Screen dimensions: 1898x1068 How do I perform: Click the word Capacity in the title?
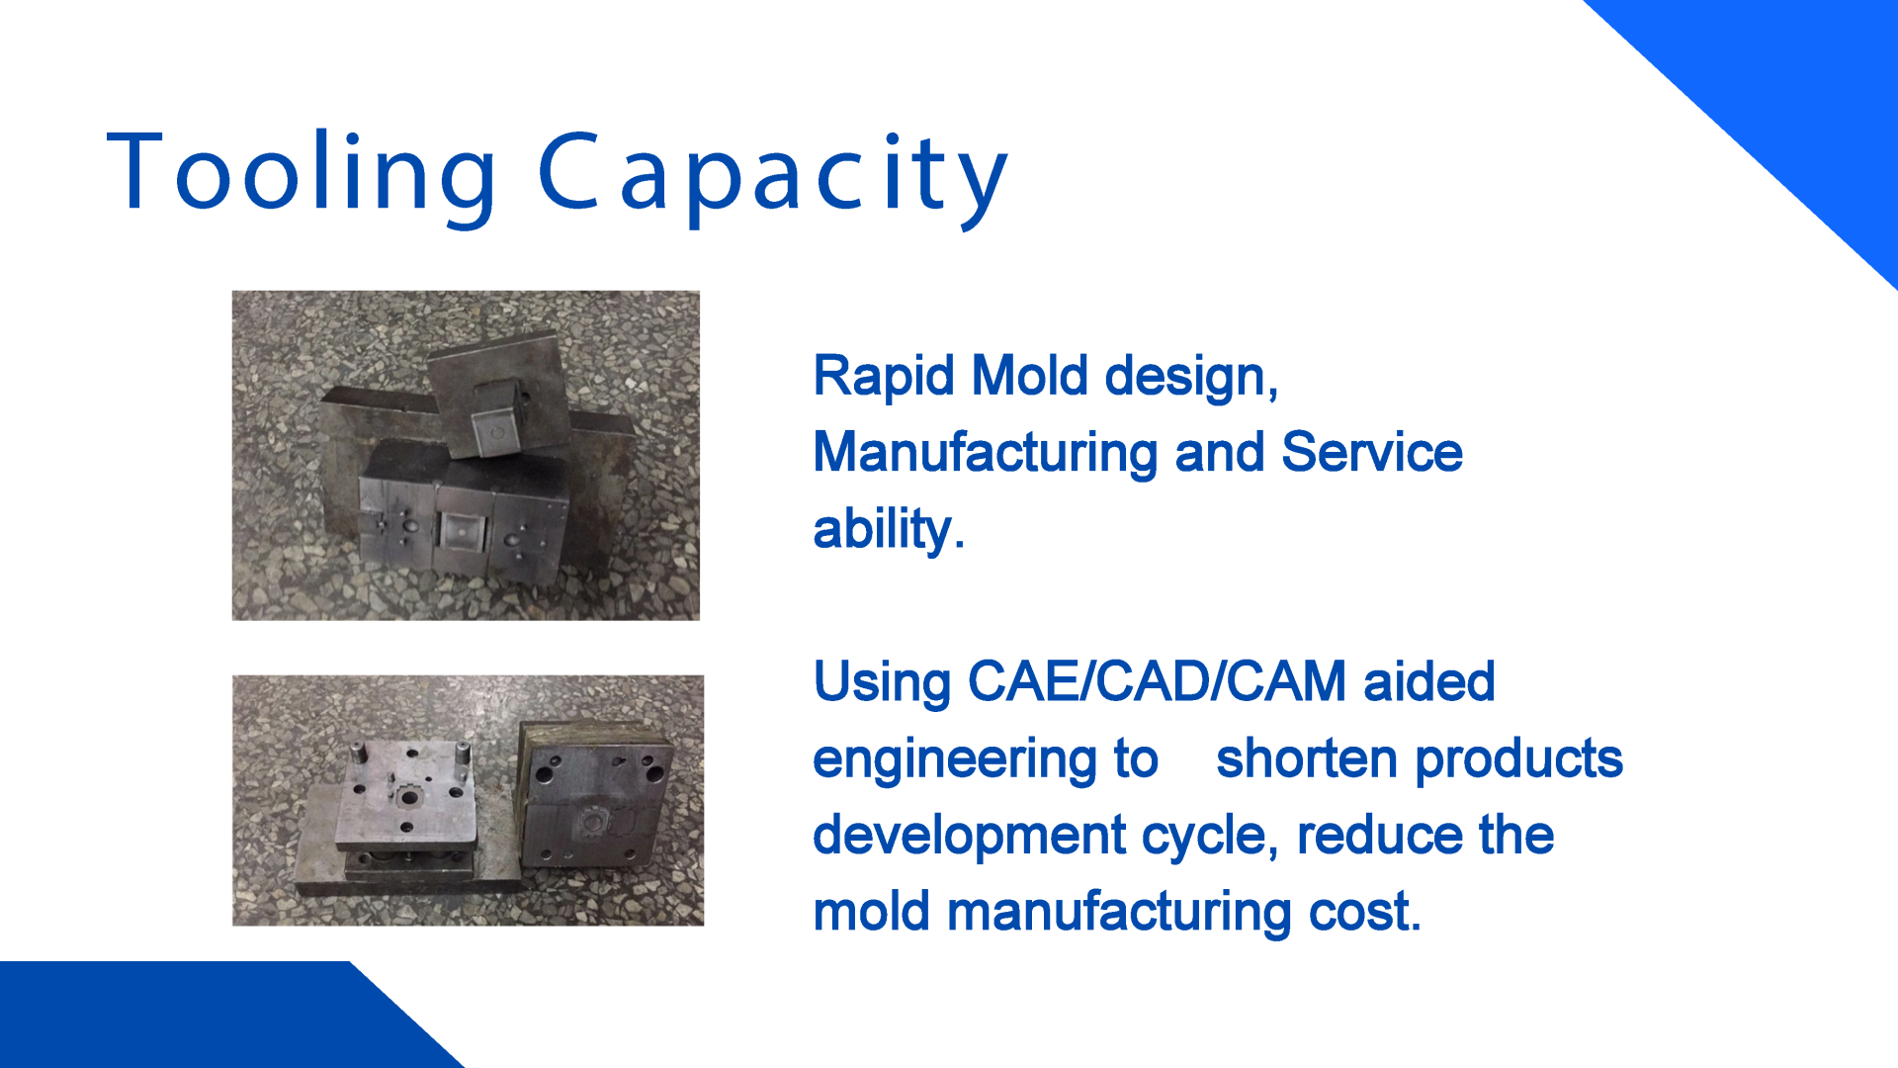click(773, 179)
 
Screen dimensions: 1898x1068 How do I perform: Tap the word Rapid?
click(884, 377)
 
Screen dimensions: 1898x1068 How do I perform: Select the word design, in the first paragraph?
click(1191, 377)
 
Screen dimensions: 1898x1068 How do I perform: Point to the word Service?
click(1371, 452)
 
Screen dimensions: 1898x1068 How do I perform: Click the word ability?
click(889, 529)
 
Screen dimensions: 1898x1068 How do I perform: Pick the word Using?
click(882, 682)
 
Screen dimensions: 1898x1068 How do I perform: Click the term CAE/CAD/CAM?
click(1157, 681)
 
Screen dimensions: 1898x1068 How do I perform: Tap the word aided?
click(1428, 681)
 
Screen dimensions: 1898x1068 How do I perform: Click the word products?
click(1519, 759)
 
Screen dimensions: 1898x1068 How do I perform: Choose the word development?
click(969, 836)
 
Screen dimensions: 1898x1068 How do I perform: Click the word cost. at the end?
click(1364, 912)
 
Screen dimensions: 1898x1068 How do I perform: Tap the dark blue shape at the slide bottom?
click(198, 1016)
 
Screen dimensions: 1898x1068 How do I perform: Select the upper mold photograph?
click(466, 456)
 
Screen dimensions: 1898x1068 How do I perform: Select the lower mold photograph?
click(468, 800)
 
